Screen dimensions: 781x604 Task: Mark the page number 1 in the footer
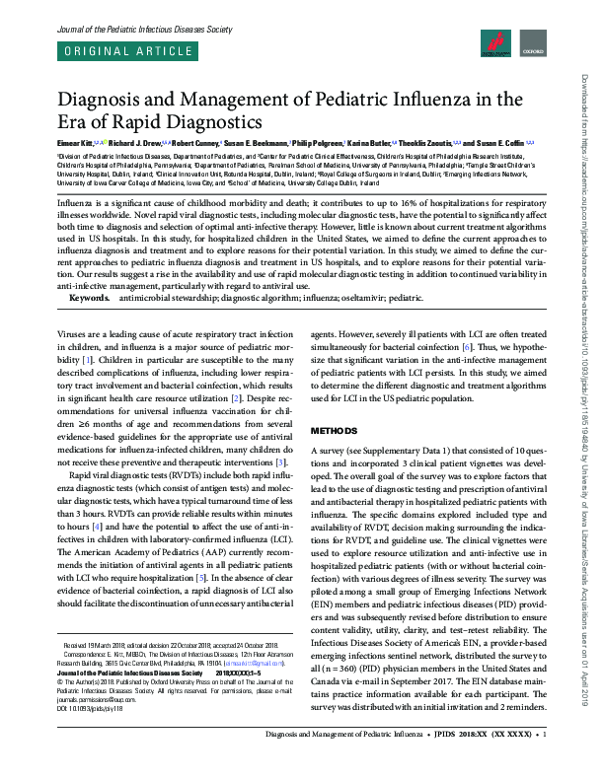point(545,762)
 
